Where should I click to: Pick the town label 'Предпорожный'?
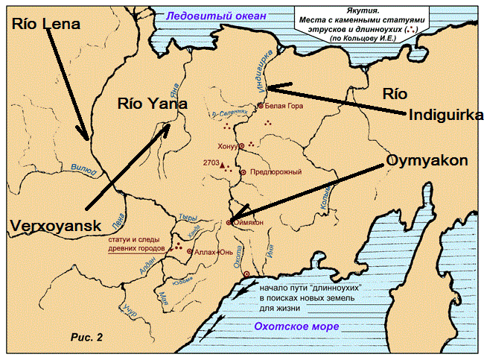click(x=276, y=172)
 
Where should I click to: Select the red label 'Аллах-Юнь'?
click(x=216, y=252)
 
